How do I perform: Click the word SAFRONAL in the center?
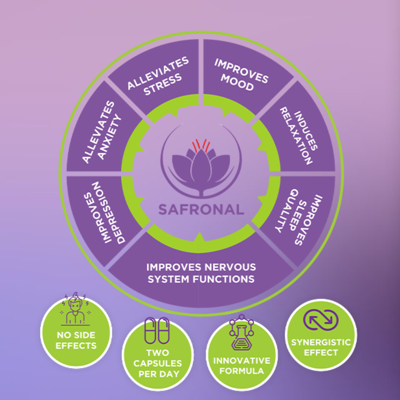(x=201, y=209)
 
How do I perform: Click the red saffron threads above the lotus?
(x=201, y=145)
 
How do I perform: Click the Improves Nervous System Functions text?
(x=201, y=273)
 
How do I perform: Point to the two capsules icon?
(x=157, y=330)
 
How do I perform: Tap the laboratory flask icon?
(x=241, y=334)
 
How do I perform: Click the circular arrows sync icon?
(x=321, y=320)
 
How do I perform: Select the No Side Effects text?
(x=76, y=340)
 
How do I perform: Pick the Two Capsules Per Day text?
(x=157, y=363)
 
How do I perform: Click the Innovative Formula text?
(x=241, y=365)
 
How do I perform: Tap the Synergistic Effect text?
(x=321, y=347)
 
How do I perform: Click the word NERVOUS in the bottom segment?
(x=234, y=267)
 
